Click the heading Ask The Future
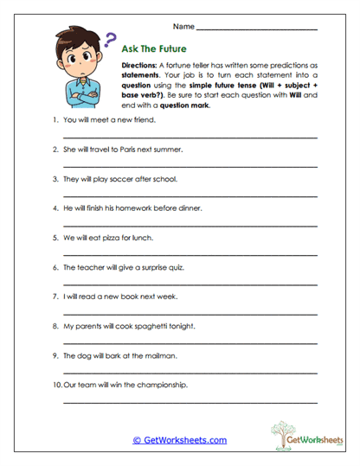(x=157, y=49)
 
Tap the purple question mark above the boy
(x=110, y=39)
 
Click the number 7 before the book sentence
(x=55, y=297)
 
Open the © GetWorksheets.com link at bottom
(x=179, y=440)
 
